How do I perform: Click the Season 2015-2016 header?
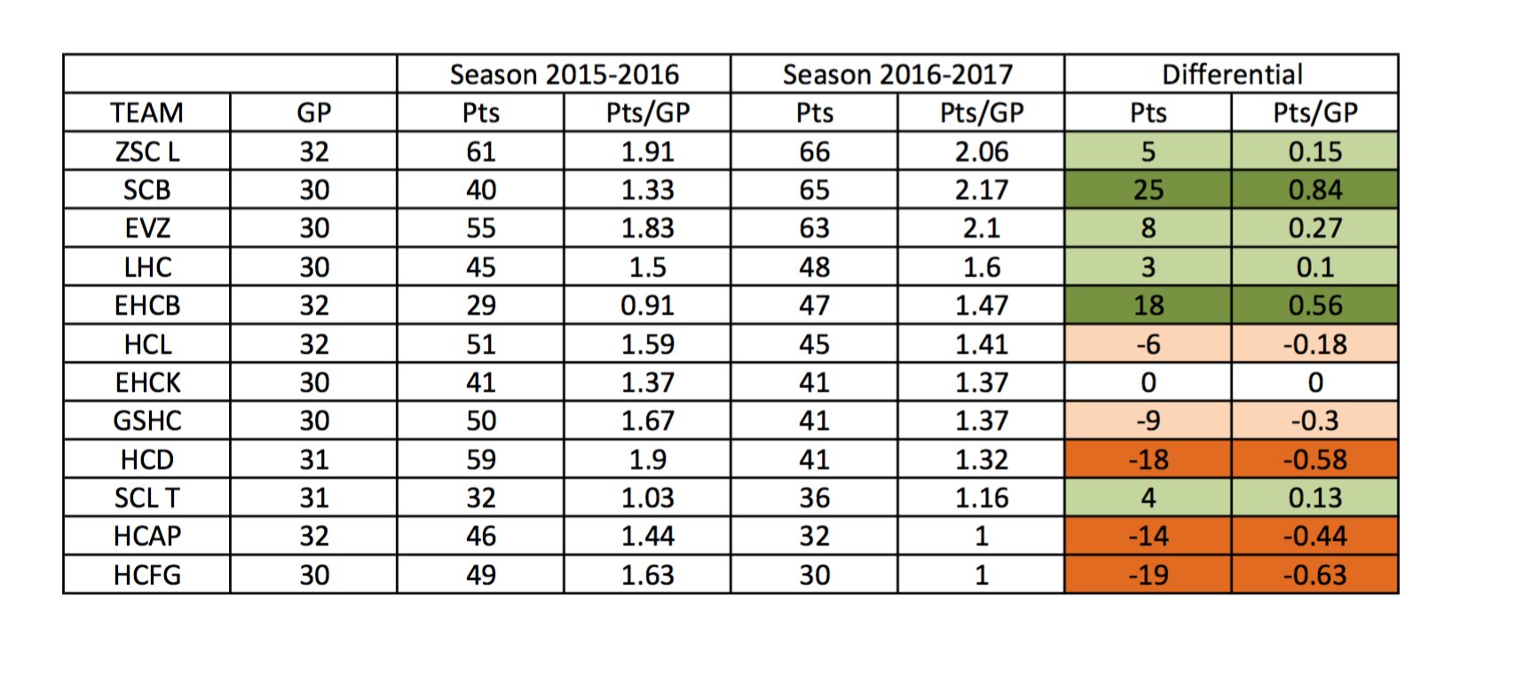pos(564,75)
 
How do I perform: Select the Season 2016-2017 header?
pos(897,75)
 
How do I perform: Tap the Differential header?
pos(1232,75)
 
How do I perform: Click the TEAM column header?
pos(146,114)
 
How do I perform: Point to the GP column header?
pos(313,114)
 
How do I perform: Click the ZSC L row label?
pos(146,152)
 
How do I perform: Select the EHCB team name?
pos(146,305)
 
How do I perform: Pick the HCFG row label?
pos(146,575)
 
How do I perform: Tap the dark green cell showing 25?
pos(1148,190)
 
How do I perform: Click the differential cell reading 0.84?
pos(1315,190)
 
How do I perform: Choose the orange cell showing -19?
pos(1148,575)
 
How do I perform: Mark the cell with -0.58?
pos(1315,460)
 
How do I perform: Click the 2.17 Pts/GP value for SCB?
pos(981,190)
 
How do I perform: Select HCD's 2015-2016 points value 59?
pos(480,460)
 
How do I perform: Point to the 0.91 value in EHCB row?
pos(647,305)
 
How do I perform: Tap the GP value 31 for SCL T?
pos(313,498)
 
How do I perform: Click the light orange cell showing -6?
pos(1148,344)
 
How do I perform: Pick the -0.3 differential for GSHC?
pos(1315,421)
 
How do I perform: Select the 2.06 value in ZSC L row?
pos(981,152)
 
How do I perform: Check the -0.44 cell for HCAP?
pos(1315,536)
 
